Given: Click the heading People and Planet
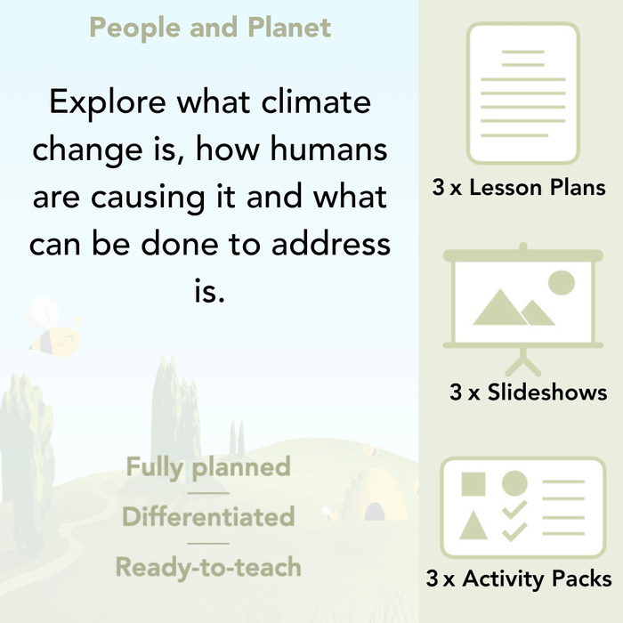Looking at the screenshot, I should pyautogui.click(x=209, y=28).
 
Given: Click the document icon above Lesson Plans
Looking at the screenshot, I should pyautogui.click(x=522, y=93).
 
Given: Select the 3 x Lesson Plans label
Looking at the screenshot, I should pyautogui.click(x=519, y=188).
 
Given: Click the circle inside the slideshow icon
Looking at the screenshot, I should pyautogui.click(x=561, y=284).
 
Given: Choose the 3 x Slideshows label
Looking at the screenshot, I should pyautogui.click(x=528, y=392).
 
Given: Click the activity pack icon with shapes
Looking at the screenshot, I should pyautogui.click(x=522, y=508).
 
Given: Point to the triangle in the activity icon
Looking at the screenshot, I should pyautogui.click(x=473, y=526).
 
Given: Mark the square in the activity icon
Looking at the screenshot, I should pyautogui.click(x=473, y=484).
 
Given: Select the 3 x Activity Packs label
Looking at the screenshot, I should pyautogui.click(x=519, y=579).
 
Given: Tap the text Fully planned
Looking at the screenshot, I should pyautogui.click(x=208, y=466).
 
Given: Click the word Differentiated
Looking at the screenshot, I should pyautogui.click(x=208, y=516).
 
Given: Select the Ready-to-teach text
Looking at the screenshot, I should pyautogui.click(x=208, y=566).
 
